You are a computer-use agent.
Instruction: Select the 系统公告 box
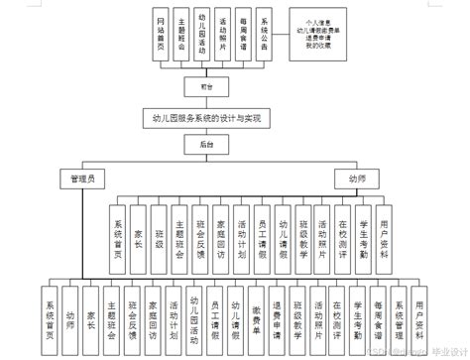[x=264, y=38]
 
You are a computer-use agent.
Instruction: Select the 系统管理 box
[x=400, y=311]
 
